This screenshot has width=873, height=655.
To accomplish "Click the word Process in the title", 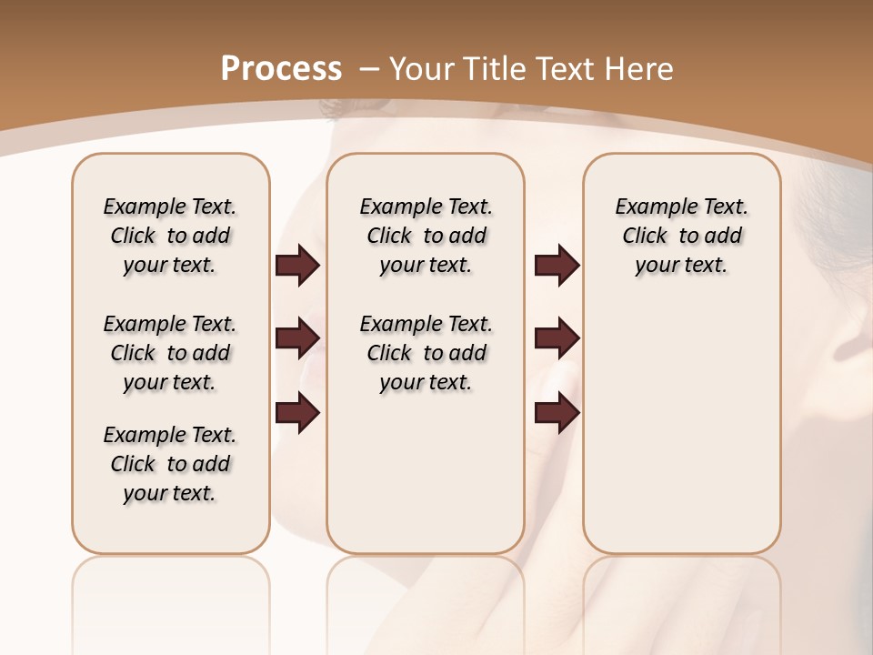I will pyautogui.click(x=281, y=68).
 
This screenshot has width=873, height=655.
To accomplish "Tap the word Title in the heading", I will pyautogui.click(x=497, y=68).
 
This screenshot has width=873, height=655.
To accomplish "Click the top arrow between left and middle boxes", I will pyautogui.click(x=297, y=266).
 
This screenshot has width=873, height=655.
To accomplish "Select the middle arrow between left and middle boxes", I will pyautogui.click(x=297, y=338).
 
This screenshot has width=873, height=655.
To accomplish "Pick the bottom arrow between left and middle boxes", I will pyautogui.click(x=297, y=413).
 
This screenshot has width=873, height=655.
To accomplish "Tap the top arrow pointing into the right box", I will pyautogui.click(x=557, y=266).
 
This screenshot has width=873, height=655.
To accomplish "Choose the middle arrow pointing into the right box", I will pyautogui.click(x=557, y=338).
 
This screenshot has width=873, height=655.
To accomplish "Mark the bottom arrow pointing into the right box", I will pyautogui.click(x=557, y=413).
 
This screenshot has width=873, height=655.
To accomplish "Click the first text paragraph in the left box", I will pyautogui.click(x=170, y=236).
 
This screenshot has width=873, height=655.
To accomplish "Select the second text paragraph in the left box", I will pyautogui.click(x=170, y=353).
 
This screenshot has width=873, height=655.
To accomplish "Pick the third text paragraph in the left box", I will pyautogui.click(x=170, y=464).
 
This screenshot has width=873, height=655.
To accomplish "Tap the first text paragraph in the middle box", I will pyautogui.click(x=426, y=236).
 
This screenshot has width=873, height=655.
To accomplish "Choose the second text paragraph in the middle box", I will pyautogui.click(x=426, y=353).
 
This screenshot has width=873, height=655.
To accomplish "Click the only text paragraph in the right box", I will pyautogui.click(x=681, y=236).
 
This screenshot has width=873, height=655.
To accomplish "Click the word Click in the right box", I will pyautogui.click(x=645, y=237).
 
